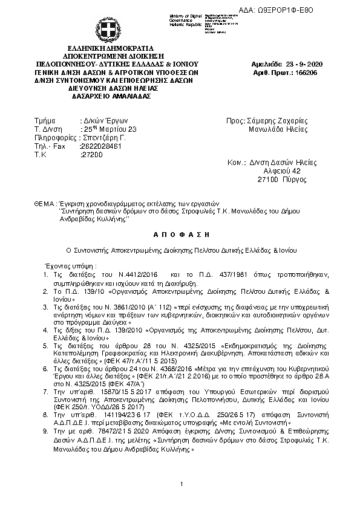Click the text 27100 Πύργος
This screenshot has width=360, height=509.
click(279, 180)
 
